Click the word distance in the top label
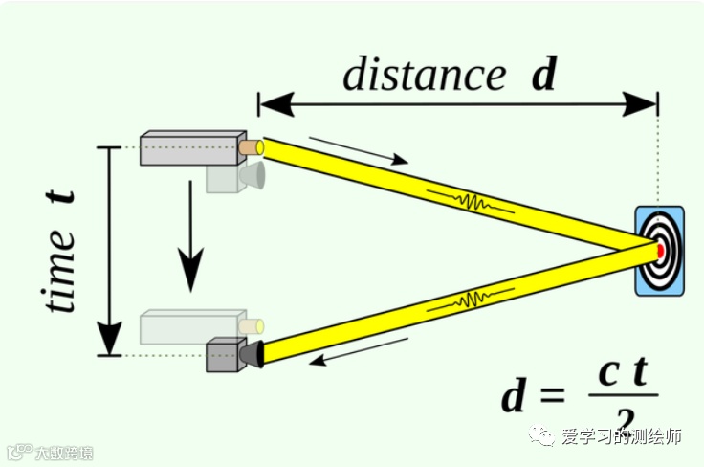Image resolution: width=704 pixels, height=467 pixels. tap(424, 74)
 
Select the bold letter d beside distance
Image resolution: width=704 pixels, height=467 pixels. tap(543, 74)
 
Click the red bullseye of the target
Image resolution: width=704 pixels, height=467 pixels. tap(660, 250)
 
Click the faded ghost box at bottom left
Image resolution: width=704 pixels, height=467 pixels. tap(187, 327)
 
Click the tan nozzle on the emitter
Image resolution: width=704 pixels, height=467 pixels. tap(251, 147)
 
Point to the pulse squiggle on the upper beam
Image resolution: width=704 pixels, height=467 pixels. tap(470, 202)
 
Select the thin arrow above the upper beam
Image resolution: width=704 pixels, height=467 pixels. tap(359, 151)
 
